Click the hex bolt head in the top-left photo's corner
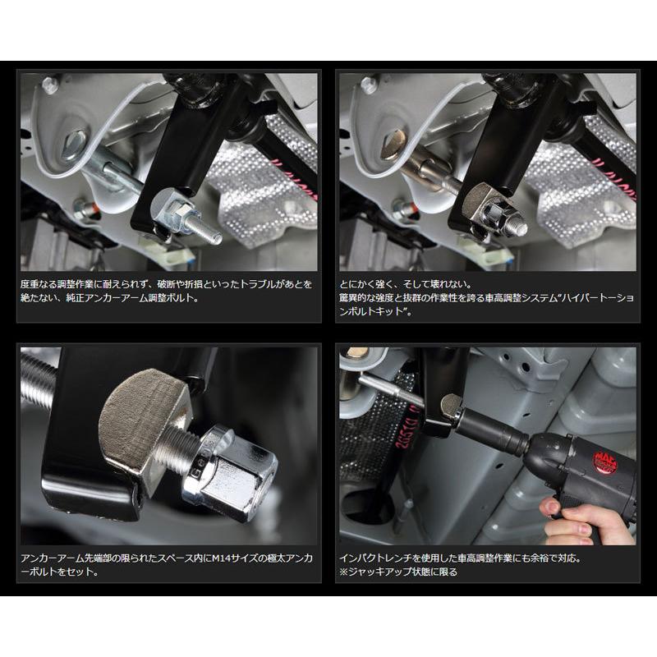(50, 85)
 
